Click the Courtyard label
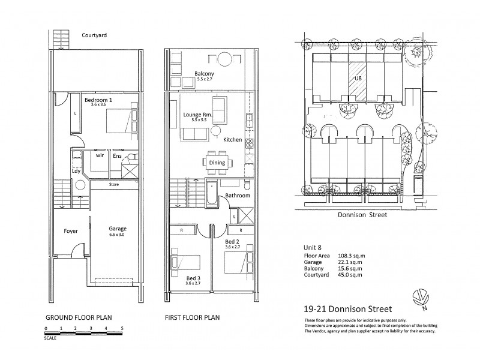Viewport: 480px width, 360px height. click(94, 35)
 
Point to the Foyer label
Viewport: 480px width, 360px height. click(71, 230)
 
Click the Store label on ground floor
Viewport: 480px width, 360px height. click(113, 185)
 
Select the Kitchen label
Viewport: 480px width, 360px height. click(232, 139)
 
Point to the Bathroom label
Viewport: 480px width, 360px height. click(238, 196)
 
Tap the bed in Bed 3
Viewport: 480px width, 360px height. click(187, 262)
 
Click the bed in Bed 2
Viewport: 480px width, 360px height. click(239, 262)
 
